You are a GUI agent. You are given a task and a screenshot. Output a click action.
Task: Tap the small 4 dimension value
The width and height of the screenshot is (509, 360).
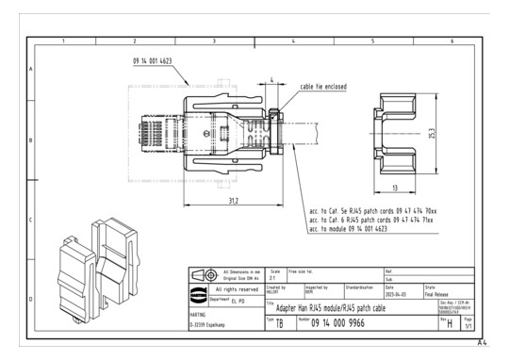[272, 81]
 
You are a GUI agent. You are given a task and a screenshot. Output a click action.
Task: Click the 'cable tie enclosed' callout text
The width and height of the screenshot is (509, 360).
[323, 87]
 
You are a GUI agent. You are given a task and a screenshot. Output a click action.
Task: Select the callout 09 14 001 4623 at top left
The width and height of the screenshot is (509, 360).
[158, 60]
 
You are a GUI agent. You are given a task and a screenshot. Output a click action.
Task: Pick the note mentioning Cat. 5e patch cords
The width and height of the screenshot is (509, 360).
[371, 211]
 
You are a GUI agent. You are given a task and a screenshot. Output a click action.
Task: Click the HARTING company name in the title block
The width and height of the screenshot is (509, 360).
[199, 313]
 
